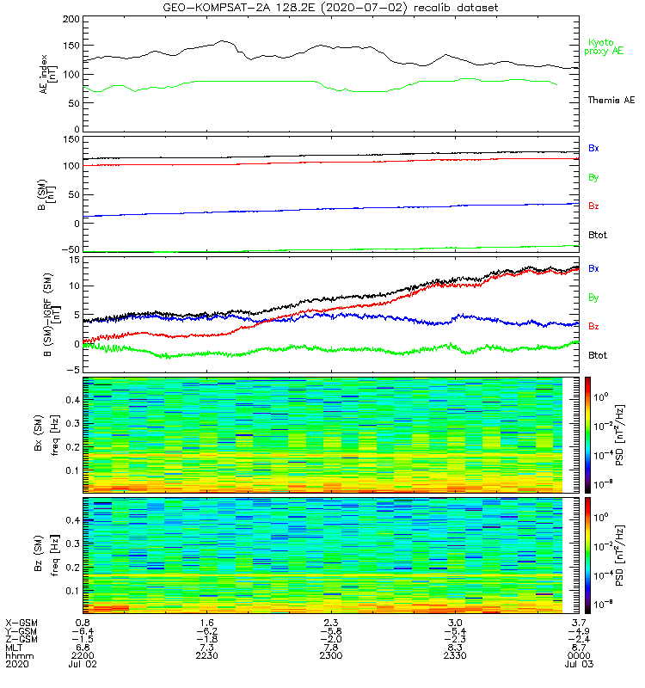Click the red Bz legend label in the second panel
point(593,206)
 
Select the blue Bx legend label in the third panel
point(593,268)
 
